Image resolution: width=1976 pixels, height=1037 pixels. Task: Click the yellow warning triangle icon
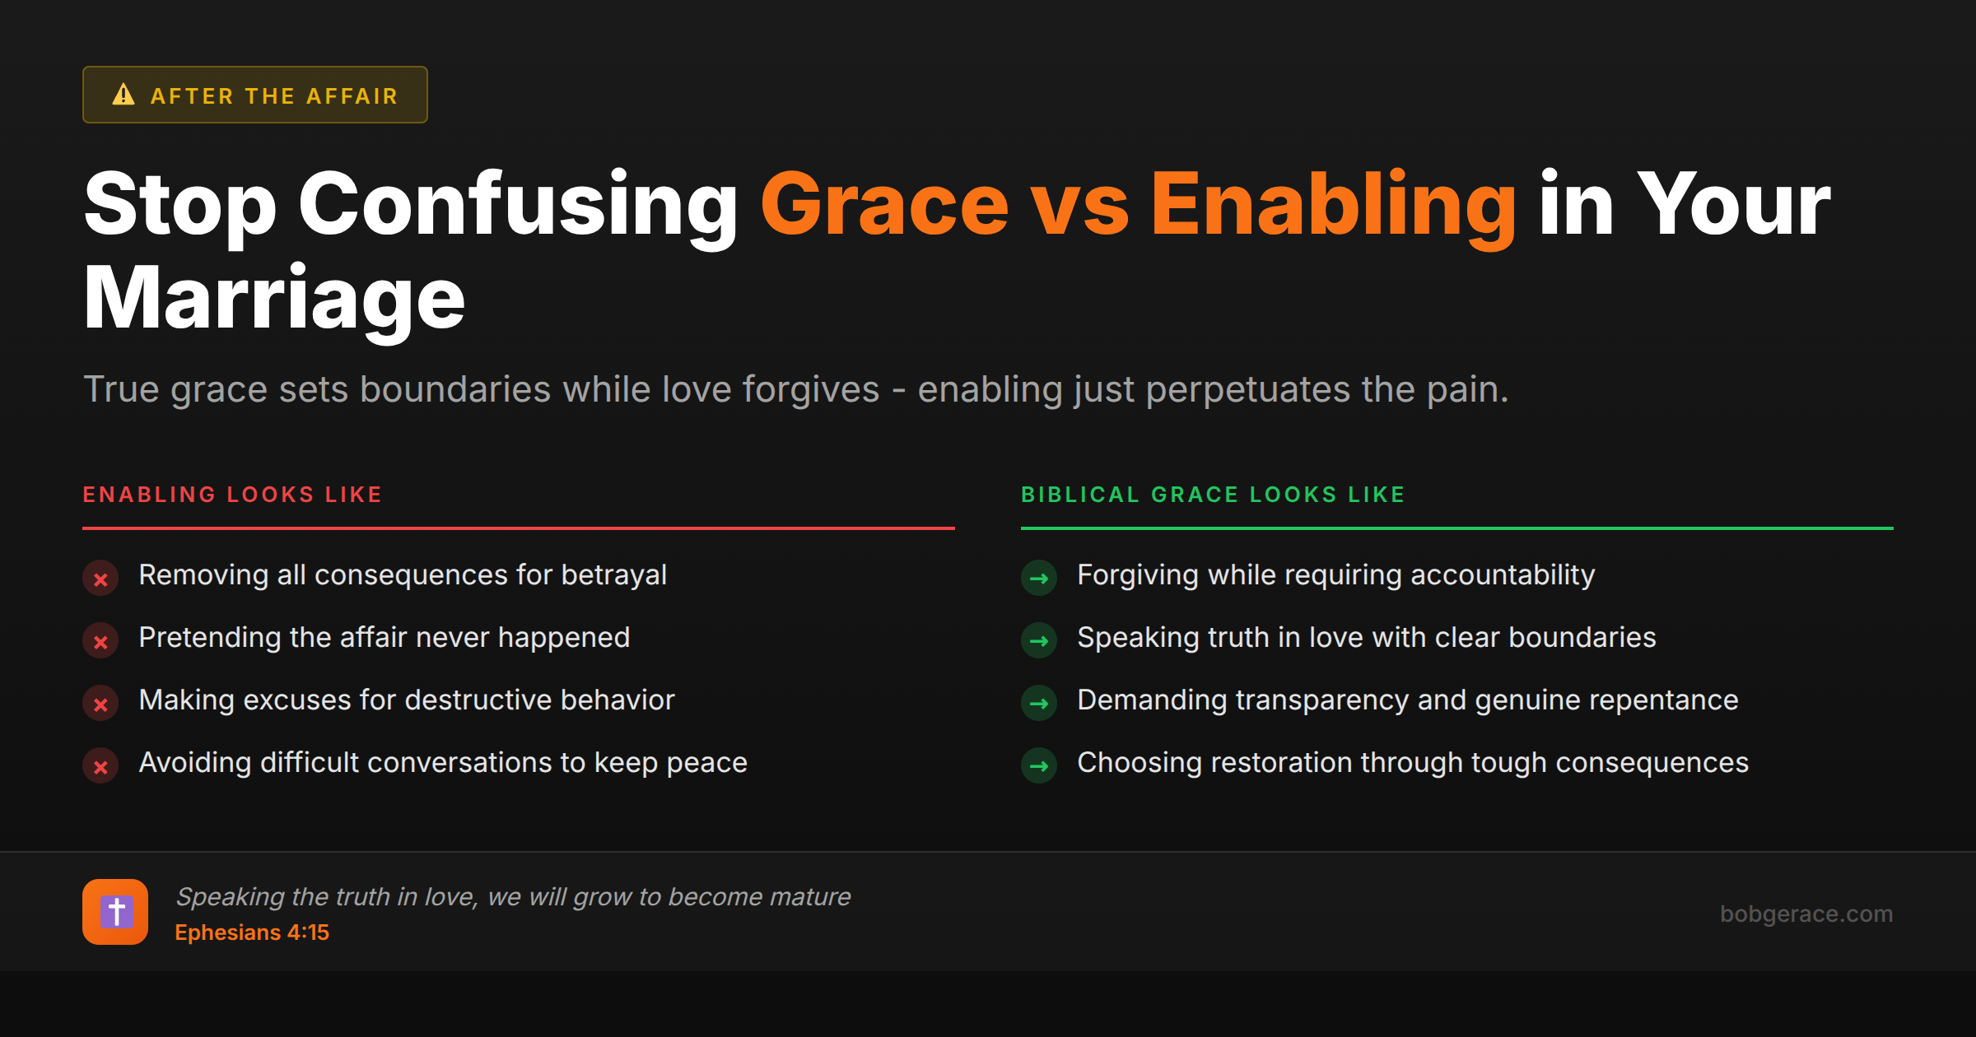(x=123, y=95)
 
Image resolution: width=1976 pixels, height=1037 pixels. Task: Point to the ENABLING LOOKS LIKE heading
(x=232, y=495)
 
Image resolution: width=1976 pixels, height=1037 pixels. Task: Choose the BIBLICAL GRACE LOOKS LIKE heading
(x=1213, y=495)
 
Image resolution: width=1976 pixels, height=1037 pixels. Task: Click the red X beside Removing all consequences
(x=100, y=579)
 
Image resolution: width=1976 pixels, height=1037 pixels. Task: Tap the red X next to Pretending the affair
(x=100, y=642)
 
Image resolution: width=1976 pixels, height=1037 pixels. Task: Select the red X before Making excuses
(x=100, y=705)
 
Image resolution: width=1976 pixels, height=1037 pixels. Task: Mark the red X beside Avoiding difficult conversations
(x=100, y=767)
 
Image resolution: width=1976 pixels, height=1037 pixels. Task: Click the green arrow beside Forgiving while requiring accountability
(x=1039, y=579)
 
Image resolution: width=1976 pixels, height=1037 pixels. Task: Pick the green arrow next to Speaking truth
(x=1039, y=641)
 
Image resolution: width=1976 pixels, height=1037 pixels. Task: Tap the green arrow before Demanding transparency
(x=1039, y=704)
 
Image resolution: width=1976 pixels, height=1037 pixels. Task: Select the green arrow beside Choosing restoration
(x=1039, y=766)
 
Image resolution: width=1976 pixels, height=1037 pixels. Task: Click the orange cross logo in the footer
(x=115, y=912)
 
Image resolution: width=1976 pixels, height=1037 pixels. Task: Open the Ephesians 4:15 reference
(x=252, y=932)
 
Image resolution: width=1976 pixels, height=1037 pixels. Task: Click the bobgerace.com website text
(x=1806, y=914)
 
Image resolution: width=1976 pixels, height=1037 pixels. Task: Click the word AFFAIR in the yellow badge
(x=352, y=96)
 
